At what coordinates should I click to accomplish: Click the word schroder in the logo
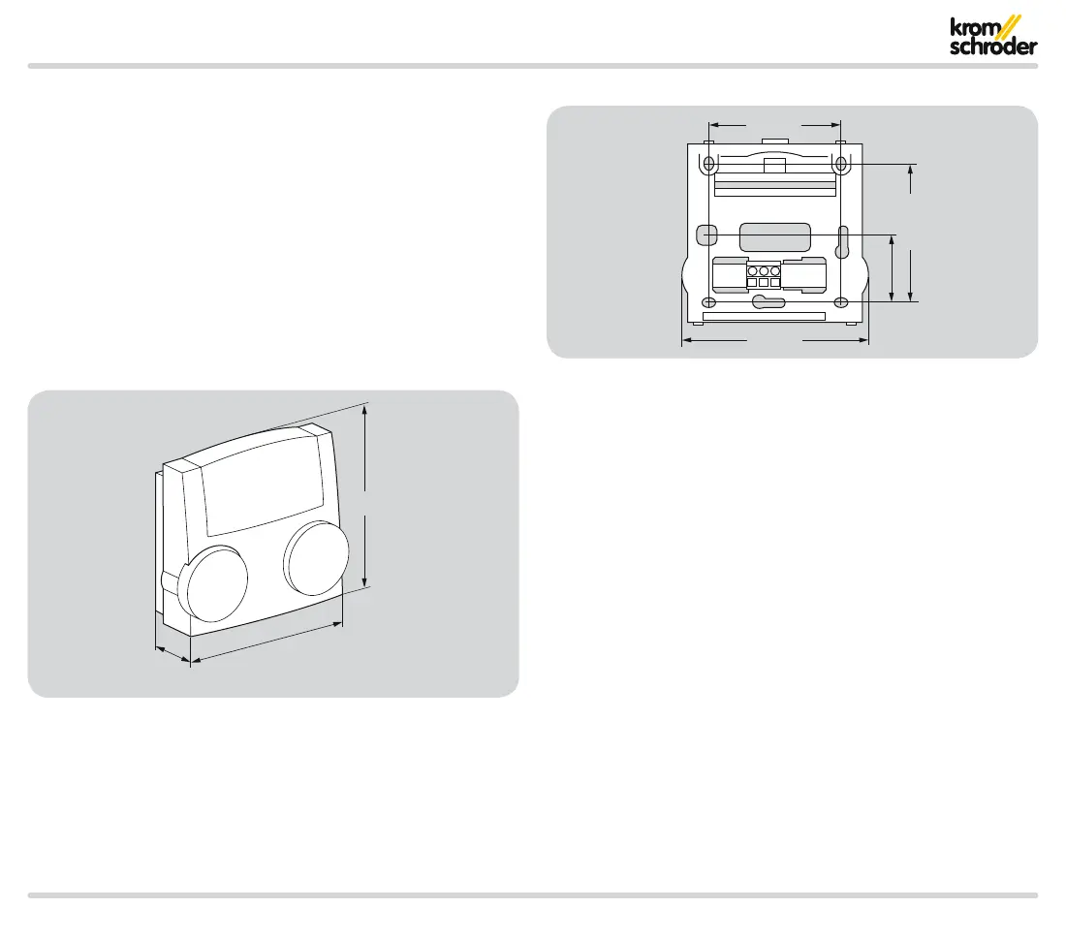993,47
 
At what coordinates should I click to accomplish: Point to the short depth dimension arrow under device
172,653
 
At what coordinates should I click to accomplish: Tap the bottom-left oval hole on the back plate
709,302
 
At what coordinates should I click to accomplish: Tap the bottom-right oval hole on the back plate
841,302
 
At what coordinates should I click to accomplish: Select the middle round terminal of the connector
764,271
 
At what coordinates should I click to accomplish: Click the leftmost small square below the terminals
752,283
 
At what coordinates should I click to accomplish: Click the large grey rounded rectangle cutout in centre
774,236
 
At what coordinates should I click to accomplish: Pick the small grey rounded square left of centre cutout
706,235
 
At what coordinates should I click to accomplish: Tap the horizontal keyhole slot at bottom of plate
768,302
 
